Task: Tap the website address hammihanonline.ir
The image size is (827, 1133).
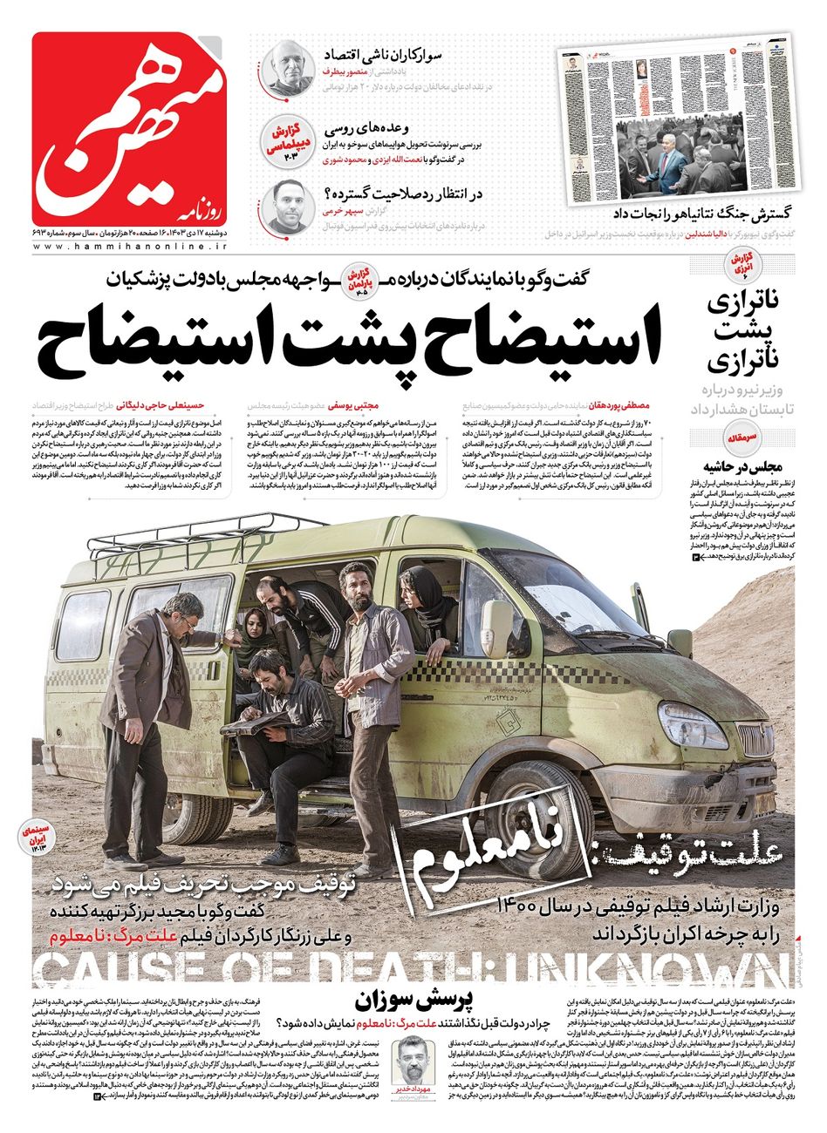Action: click(x=130, y=247)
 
